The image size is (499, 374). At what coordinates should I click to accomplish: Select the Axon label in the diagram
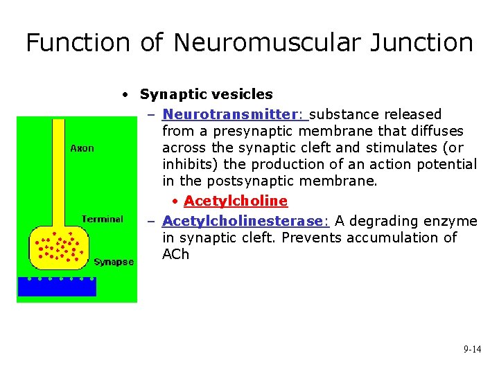click(x=82, y=148)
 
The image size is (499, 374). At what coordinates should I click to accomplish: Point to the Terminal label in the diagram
click(x=102, y=219)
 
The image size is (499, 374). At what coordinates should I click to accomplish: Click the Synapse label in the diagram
click(x=114, y=262)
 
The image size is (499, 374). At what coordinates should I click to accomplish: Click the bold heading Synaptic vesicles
click(x=206, y=94)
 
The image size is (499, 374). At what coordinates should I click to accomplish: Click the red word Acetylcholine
click(x=236, y=201)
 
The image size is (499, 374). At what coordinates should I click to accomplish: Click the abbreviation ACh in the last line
click(x=175, y=254)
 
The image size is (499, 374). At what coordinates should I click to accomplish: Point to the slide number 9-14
click(x=472, y=350)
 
